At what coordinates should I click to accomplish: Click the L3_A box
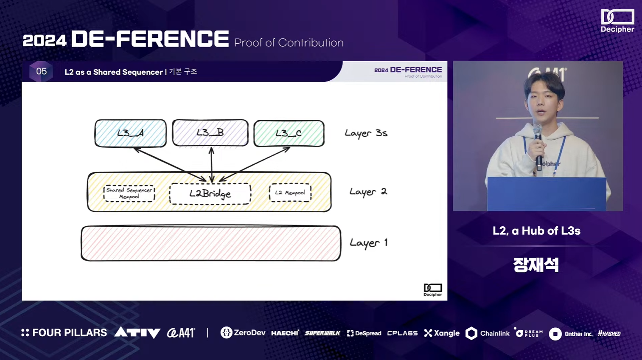(x=130, y=133)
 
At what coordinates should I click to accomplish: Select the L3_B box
(x=210, y=133)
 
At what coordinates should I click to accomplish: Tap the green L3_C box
(x=289, y=133)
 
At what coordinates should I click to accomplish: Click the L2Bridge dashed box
(x=210, y=194)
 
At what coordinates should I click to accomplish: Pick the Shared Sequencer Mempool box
(x=129, y=193)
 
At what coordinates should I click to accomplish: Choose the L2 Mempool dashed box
(x=290, y=193)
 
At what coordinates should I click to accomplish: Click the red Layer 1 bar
(x=211, y=243)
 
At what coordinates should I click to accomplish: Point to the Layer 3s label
(x=366, y=133)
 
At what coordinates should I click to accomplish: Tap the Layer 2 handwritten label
(x=368, y=192)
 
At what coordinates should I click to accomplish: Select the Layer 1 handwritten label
(x=368, y=243)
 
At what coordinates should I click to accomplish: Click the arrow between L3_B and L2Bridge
(x=211, y=165)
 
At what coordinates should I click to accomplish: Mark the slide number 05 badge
(x=41, y=71)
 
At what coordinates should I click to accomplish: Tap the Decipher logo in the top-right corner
(x=617, y=21)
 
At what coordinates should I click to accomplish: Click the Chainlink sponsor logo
(x=488, y=333)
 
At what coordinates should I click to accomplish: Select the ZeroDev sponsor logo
(x=243, y=333)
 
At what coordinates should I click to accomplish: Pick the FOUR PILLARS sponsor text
(x=64, y=333)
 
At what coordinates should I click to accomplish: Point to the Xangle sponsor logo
(x=442, y=333)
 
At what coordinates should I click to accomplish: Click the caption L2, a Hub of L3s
(x=536, y=231)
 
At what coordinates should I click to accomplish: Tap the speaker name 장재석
(x=536, y=265)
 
